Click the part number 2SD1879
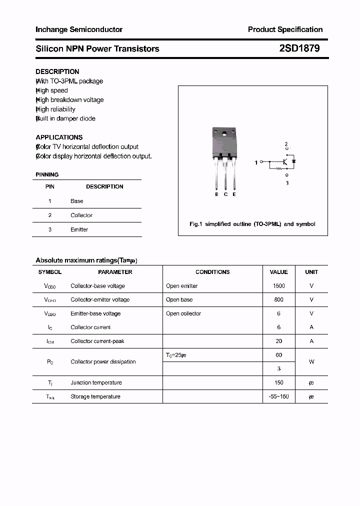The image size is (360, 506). (x=299, y=48)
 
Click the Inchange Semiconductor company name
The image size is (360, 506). (x=79, y=29)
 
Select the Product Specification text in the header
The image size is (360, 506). (x=285, y=29)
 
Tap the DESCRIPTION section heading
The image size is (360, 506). (x=57, y=71)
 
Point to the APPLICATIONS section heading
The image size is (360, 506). (x=59, y=137)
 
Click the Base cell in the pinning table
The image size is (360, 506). (x=77, y=201)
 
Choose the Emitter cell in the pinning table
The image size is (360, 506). (x=79, y=229)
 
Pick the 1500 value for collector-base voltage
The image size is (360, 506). (x=278, y=286)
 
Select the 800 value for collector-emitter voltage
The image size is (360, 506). (x=278, y=299)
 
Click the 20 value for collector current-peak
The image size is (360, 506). (x=278, y=341)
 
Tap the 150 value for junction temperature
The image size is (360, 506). (x=278, y=382)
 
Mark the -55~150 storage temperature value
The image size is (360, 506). (x=278, y=396)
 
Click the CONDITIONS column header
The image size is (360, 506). (x=212, y=272)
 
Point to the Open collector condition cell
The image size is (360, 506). (x=183, y=313)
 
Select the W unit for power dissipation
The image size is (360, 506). (x=311, y=361)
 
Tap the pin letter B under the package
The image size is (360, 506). (x=216, y=194)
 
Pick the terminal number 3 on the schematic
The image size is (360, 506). (x=287, y=183)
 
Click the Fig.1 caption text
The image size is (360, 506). (x=252, y=224)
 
